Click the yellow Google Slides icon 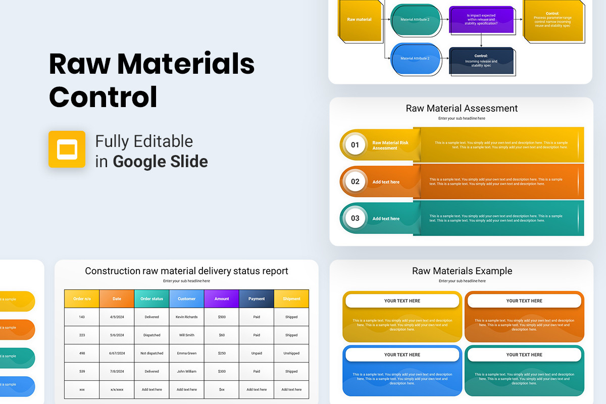[x=67, y=149]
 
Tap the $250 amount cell [x=222, y=353]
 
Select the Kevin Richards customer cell [x=186, y=317]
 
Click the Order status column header [x=151, y=298]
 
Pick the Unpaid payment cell [x=257, y=353]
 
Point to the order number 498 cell [x=82, y=353]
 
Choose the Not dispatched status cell [x=151, y=353]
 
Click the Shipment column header [x=291, y=298]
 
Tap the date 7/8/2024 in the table [x=117, y=371]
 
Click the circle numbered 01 [x=355, y=145]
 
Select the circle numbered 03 [x=355, y=218]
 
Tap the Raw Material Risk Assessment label [x=390, y=145]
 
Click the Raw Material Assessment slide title [x=462, y=108]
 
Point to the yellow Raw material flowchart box [x=360, y=20]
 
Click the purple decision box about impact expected [x=481, y=20]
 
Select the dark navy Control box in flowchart [x=481, y=61]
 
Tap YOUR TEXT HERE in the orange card [x=524, y=301]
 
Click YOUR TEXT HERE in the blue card [x=402, y=355]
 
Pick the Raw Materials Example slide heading [x=462, y=271]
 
